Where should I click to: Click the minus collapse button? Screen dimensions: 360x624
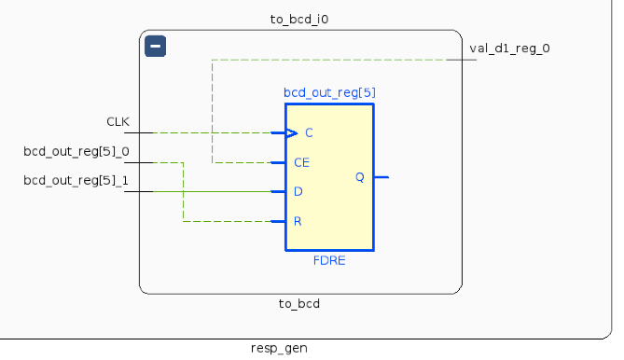pyautogui.click(x=156, y=46)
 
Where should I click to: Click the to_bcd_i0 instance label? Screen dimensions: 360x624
pyautogui.click(x=299, y=18)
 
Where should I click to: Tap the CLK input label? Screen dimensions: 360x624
pyautogui.click(x=118, y=121)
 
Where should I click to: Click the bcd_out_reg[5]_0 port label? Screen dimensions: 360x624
pyautogui.click(x=76, y=151)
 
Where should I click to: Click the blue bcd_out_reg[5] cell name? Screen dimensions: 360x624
pyautogui.click(x=329, y=92)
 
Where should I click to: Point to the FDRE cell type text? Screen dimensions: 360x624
pyautogui.click(x=329, y=260)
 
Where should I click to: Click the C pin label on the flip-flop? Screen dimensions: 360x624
pyautogui.click(x=309, y=133)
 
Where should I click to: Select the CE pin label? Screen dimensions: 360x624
pyautogui.click(x=301, y=162)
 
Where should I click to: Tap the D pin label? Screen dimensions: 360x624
pyautogui.click(x=298, y=192)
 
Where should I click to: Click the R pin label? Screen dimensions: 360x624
pyautogui.click(x=298, y=222)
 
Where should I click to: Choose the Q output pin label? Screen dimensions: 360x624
pyautogui.click(x=360, y=177)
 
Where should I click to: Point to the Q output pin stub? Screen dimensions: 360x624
pyautogui.click(x=381, y=176)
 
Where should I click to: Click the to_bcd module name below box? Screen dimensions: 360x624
pyautogui.click(x=299, y=304)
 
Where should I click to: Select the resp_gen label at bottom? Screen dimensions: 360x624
pyautogui.click(x=279, y=348)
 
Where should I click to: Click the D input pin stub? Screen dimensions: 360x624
pyautogui.click(x=278, y=192)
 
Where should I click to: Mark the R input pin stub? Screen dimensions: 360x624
pyautogui.click(x=278, y=221)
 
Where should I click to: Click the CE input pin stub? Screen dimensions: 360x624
pyautogui.click(x=278, y=162)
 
